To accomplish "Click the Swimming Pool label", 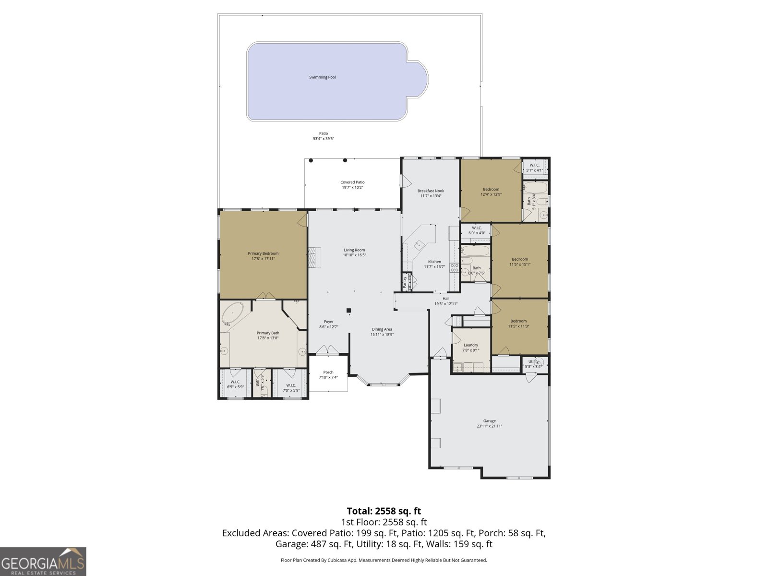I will [x=322, y=77].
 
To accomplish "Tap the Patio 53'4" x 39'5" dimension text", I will [x=323, y=139].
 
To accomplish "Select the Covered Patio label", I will [x=352, y=182].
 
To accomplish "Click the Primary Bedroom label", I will [x=263, y=253].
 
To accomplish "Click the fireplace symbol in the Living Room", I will [x=314, y=257].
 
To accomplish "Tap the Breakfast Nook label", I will [x=431, y=191].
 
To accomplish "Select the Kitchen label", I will [x=434, y=262].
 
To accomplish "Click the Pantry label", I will [x=405, y=282].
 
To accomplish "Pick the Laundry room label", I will [x=471, y=345].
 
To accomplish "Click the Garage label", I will [x=489, y=421].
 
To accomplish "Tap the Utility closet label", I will [x=533, y=361].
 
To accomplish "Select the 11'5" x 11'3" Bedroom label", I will [x=518, y=321].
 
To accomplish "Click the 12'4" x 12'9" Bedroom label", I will [x=491, y=189].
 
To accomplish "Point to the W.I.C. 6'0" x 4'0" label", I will [x=477, y=228].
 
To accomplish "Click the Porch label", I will [x=328, y=372].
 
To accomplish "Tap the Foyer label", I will [x=329, y=322].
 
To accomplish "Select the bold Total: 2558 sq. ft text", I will [x=384, y=511].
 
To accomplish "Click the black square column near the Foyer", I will [x=349, y=310].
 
